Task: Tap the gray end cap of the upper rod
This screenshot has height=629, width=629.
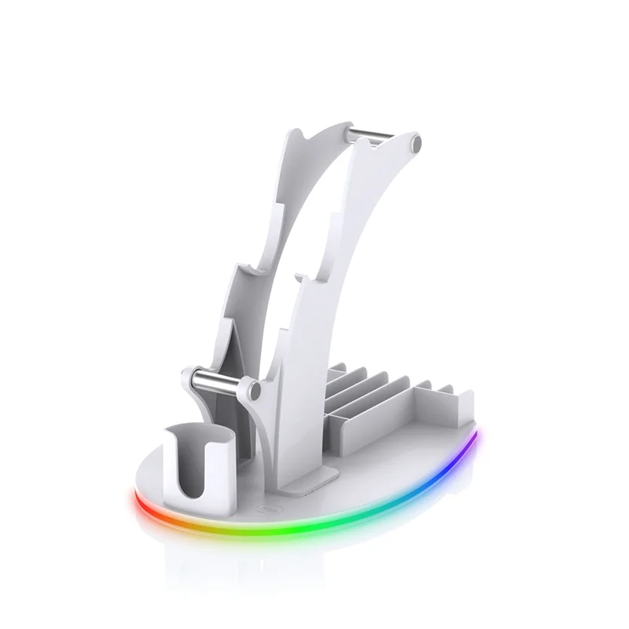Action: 415,144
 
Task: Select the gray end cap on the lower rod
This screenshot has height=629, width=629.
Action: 252,390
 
